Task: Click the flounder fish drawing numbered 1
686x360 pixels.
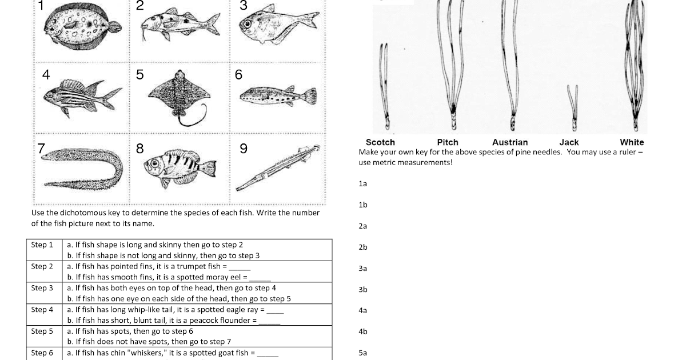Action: [x=82, y=26]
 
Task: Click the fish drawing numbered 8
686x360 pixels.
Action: [x=181, y=166]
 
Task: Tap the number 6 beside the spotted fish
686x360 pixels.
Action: [x=238, y=75]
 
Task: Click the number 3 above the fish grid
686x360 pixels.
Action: [x=243, y=6]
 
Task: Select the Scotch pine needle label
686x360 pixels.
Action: [x=380, y=142]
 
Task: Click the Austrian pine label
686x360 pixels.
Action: [x=510, y=142]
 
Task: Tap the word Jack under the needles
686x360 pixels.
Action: [x=569, y=142]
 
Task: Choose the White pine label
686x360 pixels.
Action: [x=632, y=142]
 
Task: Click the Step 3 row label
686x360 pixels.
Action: [x=42, y=288]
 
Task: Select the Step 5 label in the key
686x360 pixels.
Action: [x=42, y=331]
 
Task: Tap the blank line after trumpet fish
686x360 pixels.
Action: [x=240, y=267]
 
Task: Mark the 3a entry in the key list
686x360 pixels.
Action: [x=362, y=268]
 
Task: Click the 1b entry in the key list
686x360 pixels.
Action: [x=362, y=205]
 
